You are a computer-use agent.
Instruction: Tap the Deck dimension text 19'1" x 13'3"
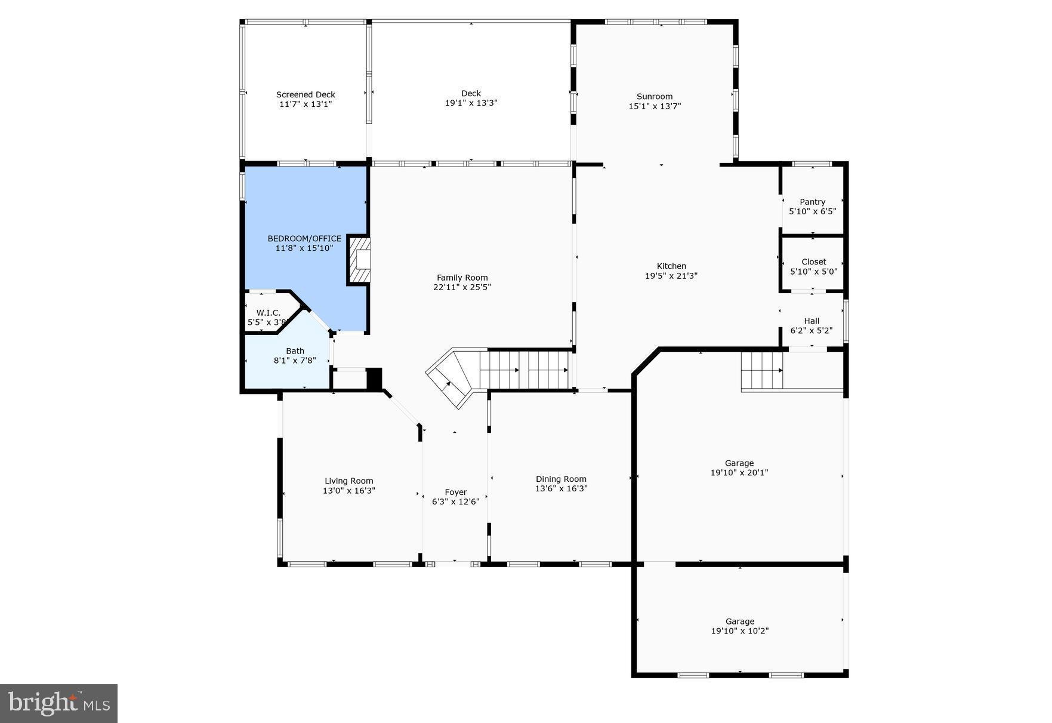pyautogui.click(x=471, y=103)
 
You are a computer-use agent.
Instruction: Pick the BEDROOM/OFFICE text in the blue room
pyautogui.click(x=304, y=238)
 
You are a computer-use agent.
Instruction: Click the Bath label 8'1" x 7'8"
pyautogui.click(x=295, y=356)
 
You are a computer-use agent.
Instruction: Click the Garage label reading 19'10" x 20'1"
pyautogui.click(x=739, y=467)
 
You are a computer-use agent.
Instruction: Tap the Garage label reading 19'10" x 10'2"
pyautogui.click(x=739, y=626)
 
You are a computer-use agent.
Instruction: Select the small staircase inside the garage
pyautogui.click(x=762, y=370)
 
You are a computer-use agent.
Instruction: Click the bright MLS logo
pyautogui.click(x=58, y=703)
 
